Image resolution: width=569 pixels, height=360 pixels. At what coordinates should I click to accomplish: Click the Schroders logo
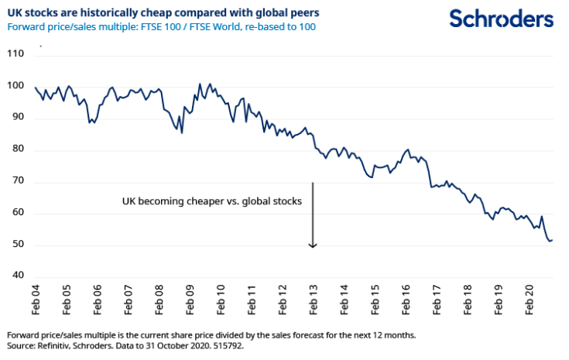coord(502,19)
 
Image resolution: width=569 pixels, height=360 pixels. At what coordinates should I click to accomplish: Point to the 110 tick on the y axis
coord(16,54)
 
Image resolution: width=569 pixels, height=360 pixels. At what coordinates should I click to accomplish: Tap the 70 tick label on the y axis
coord(18,182)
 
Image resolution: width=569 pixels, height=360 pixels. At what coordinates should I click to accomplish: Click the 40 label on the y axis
coord(18,276)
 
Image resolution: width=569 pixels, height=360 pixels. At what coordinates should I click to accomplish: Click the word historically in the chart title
coord(125,13)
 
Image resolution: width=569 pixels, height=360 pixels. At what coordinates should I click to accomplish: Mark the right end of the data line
coord(553,240)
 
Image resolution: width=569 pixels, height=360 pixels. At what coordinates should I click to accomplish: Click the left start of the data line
coord(36,87)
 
